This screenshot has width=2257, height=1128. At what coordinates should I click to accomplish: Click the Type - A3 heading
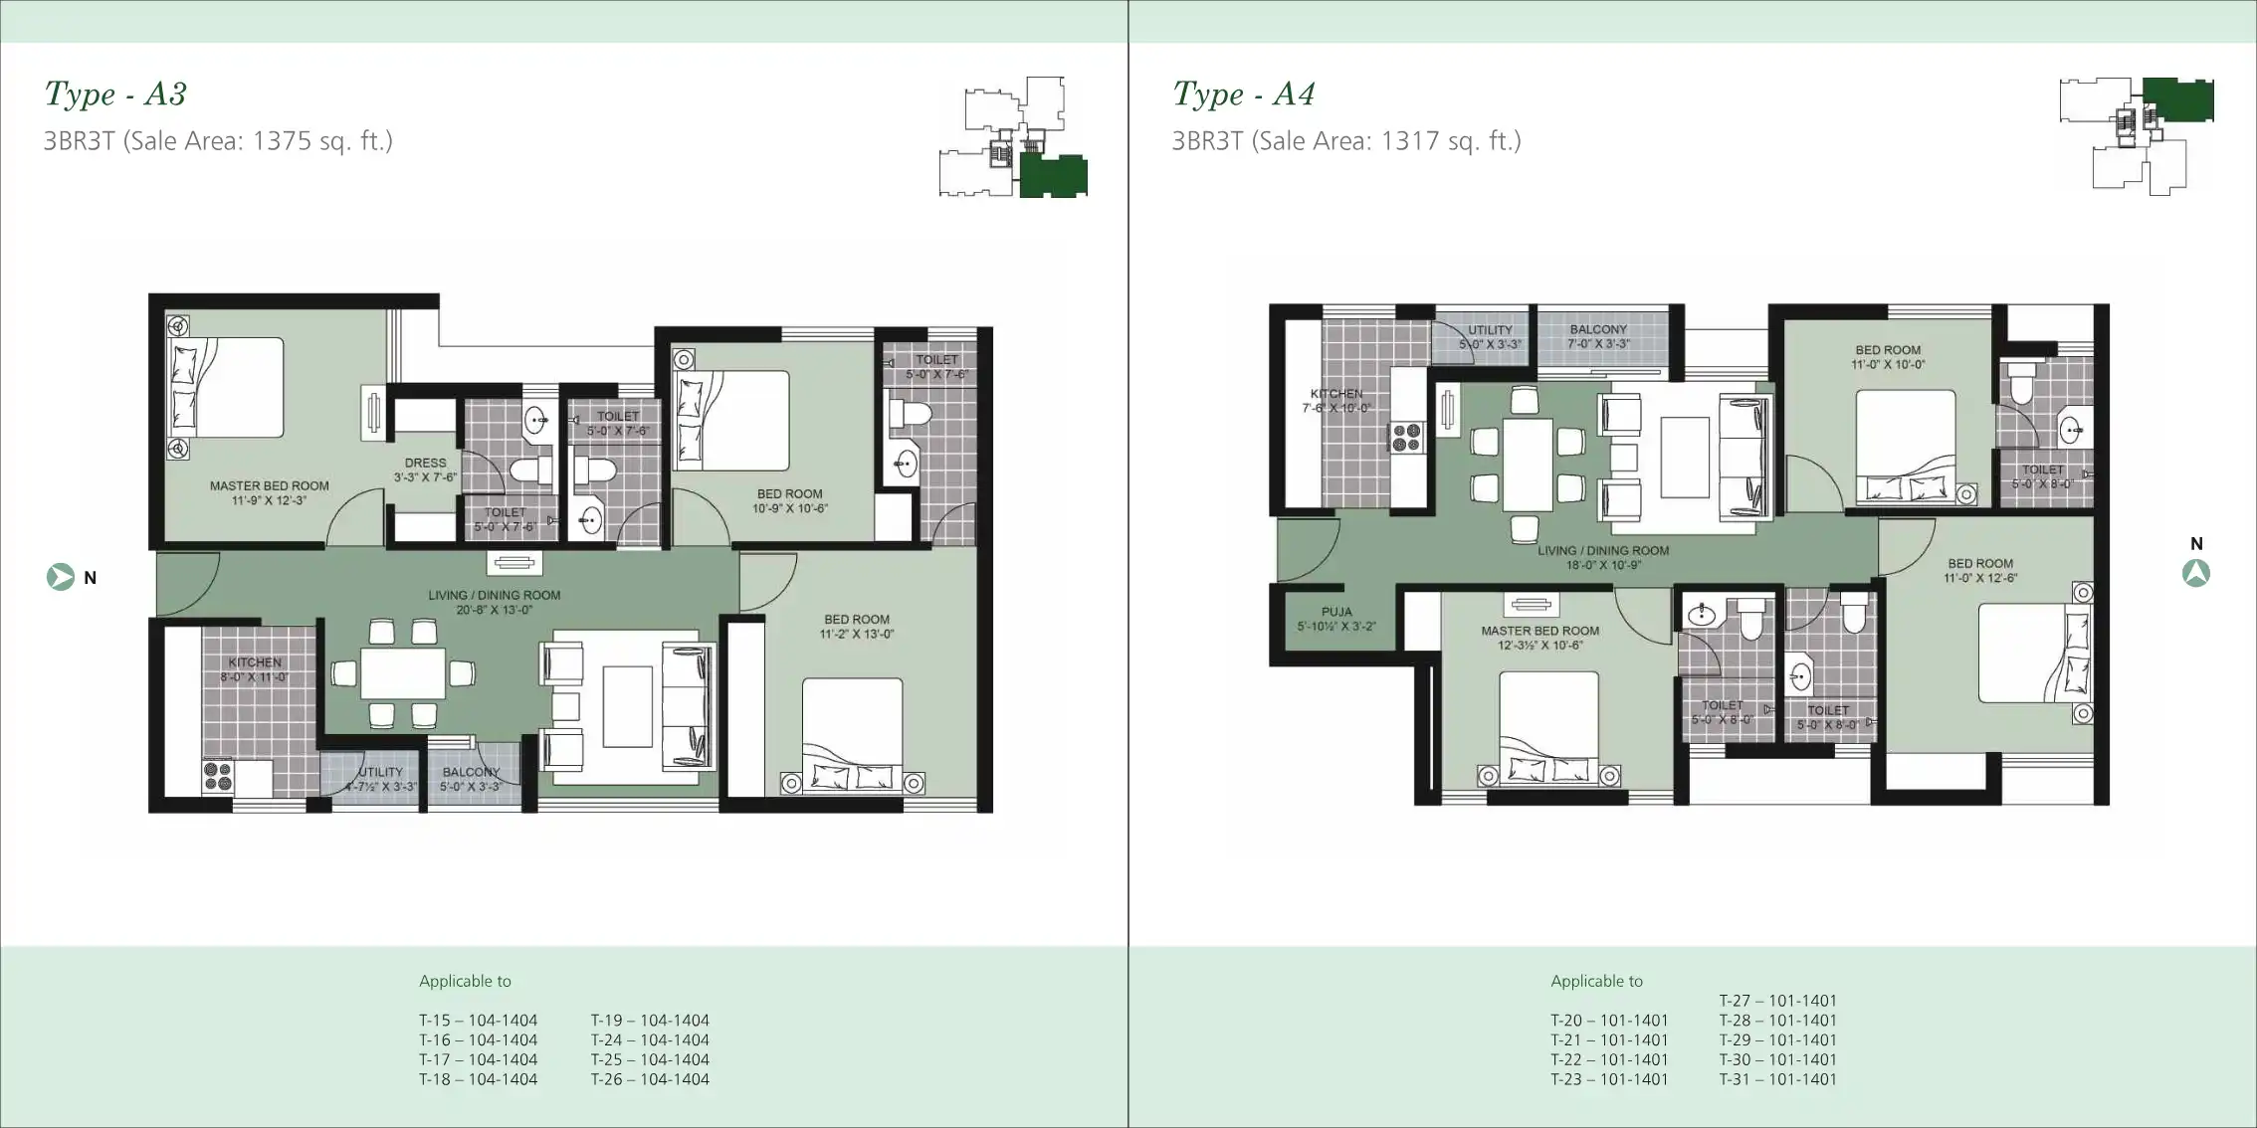point(115,94)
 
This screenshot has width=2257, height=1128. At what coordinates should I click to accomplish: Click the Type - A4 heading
point(1243,94)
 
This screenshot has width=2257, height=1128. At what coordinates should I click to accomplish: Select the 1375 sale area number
point(282,141)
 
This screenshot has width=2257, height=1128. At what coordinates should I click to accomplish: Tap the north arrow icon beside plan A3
point(61,577)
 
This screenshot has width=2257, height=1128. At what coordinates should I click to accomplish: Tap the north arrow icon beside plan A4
point(2195,573)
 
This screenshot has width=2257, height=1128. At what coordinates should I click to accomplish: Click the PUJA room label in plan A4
point(1336,619)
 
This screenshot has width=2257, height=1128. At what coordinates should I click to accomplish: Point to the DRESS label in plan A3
point(425,470)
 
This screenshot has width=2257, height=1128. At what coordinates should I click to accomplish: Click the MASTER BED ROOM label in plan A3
point(269,492)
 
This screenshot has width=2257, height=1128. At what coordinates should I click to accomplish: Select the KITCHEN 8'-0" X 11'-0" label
point(255,669)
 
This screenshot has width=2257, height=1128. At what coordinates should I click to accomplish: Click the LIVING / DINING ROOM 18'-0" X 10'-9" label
point(1602,557)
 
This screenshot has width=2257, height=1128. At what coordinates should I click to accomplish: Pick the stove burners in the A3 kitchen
point(217,776)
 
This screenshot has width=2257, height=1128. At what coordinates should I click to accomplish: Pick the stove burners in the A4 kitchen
point(1406,438)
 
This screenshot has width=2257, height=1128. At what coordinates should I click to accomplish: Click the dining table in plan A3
point(402,673)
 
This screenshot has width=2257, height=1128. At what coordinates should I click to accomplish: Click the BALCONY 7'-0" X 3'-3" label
point(1598,336)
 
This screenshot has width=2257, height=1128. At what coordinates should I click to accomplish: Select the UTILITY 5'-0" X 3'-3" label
point(1490,336)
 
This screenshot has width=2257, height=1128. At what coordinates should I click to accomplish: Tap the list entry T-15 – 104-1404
point(478,1021)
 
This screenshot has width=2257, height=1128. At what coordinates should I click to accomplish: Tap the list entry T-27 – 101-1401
point(1777,1001)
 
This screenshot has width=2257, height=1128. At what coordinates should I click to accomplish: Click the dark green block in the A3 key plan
point(1053,176)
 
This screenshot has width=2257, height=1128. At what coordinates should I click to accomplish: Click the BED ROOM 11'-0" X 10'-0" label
point(1888,357)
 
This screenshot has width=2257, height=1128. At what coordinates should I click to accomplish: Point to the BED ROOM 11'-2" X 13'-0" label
point(857,626)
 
